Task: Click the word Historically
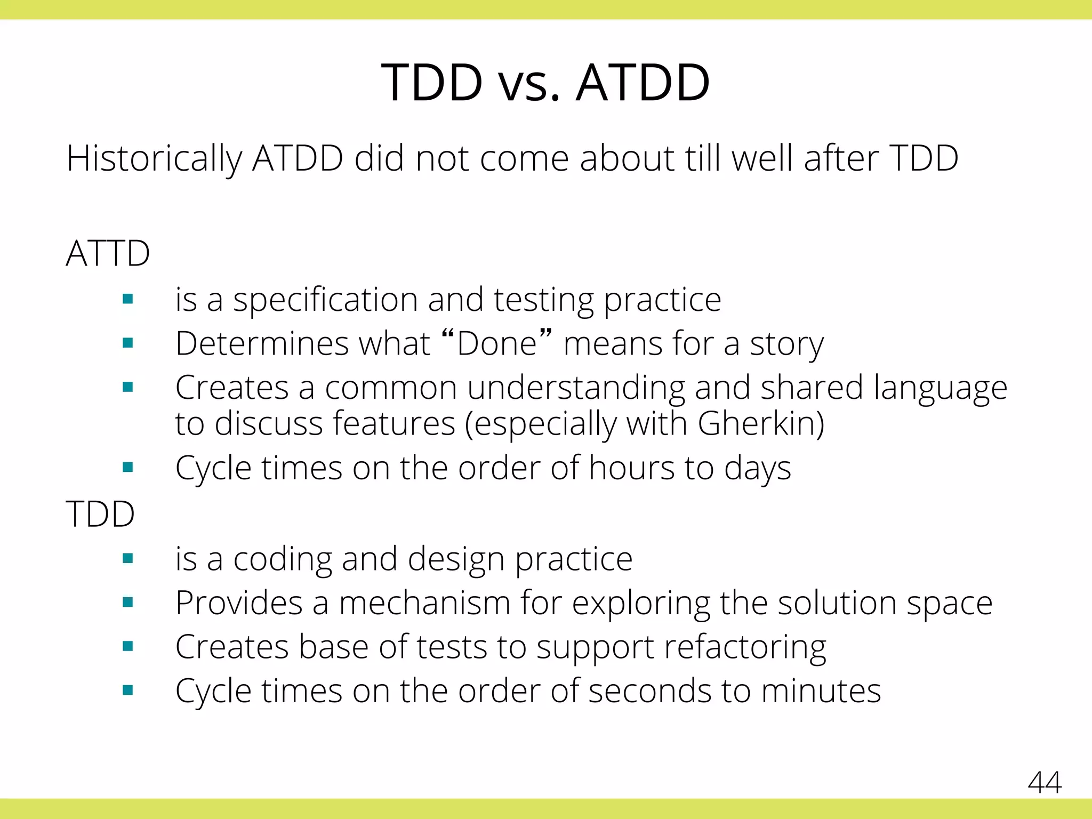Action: [154, 159]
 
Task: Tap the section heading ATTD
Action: [108, 253]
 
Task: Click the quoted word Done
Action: [496, 343]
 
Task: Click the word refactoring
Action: [745, 647]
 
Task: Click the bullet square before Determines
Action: [127, 343]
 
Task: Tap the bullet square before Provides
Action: [127, 603]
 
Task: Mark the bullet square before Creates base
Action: [127, 647]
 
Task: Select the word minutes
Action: [821, 691]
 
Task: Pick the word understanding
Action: [576, 388]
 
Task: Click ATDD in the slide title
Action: [643, 83]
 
